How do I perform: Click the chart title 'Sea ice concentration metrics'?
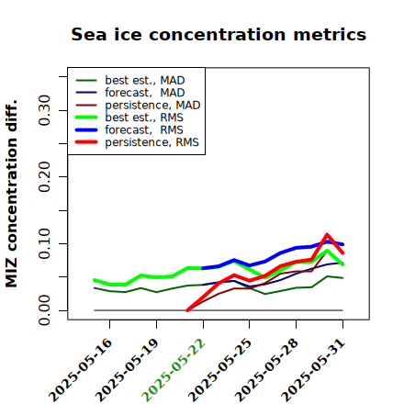219,34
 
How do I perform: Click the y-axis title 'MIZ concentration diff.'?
11,194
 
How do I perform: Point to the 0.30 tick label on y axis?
45,110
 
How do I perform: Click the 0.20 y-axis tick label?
45,177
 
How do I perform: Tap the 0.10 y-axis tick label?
45,243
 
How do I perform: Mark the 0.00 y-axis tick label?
45,310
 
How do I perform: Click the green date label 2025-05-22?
174,370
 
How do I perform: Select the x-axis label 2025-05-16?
80,370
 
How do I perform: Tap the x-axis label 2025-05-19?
127,370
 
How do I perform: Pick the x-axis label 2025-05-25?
219,370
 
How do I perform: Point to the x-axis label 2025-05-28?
266,370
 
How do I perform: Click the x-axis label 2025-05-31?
313,370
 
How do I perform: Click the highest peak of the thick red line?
327,235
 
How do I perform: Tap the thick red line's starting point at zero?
187,310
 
